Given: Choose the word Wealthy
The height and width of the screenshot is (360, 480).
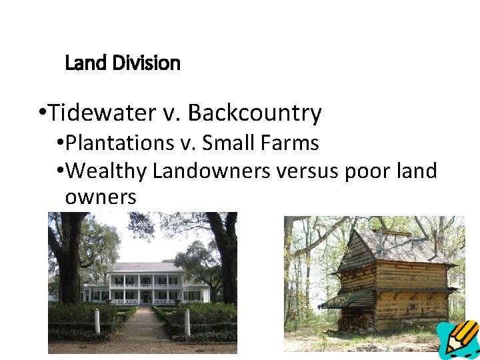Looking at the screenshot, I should click(x=108, y=171).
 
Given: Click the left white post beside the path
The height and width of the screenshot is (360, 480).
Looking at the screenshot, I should click(x=97, y=322).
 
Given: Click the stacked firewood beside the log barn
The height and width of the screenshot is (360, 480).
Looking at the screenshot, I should click(x=353, y=323).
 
